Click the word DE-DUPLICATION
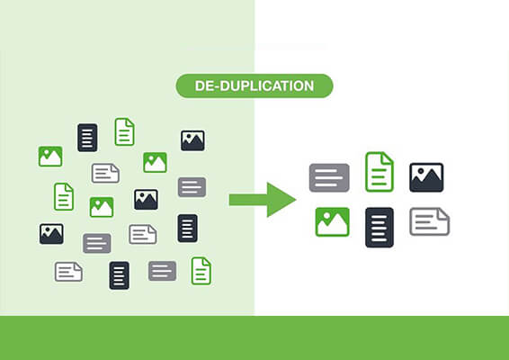coord(254,86)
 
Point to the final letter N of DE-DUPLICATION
coord(308,86)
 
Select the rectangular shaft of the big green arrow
coord(248,200)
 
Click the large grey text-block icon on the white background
coord(329,177)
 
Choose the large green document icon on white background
coord(380,172)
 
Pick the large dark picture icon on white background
coord(426,177)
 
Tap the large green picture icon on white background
coord(333,222)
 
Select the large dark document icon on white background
coord(380,228)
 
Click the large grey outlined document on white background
coord(430,221)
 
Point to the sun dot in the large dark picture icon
coord(421,171)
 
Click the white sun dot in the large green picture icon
coord(326,216)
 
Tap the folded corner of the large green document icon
coord(388,157)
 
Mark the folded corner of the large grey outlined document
coord(443,214)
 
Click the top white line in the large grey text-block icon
coord(326,171)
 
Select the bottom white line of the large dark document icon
coord(380,239)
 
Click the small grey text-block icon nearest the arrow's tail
coord(192,187)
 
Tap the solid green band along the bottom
coord(254,337)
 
